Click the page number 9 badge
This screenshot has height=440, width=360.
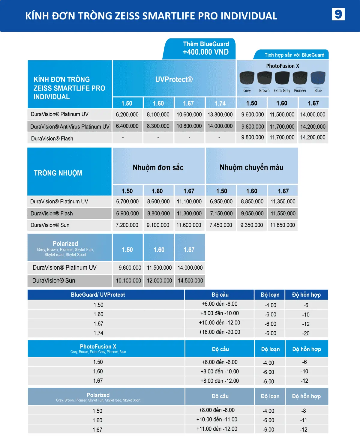tap(338, 14)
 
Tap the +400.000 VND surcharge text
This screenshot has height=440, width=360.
tap(206, 52)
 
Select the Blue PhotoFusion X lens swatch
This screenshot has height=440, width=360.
tap(318, 78)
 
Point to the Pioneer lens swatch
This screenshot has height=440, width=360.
tap(300, 78)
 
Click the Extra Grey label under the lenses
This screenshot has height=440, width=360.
tap(282, 91)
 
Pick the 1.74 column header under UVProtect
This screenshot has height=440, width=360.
tap(220, 103)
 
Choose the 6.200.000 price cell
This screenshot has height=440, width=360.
tap(127, 114)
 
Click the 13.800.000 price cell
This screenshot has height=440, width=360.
tap(220, 114)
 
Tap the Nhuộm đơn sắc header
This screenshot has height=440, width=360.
tap(158, 167)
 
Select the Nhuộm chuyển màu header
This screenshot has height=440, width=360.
tap(251, 167)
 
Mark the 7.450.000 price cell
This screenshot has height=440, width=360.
tap(221, 225)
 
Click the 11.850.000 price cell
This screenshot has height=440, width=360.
tap(282, 225)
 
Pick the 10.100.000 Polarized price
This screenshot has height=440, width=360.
tap(128, 280)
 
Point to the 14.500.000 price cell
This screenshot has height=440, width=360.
tap(190, 280)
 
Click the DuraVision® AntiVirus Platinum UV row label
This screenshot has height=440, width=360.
tap(70, 127)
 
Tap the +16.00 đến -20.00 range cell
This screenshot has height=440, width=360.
tap(219, 332)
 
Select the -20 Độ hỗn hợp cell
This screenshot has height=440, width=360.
tap(306, 333)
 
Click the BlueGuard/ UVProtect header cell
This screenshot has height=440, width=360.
tap(98, 295)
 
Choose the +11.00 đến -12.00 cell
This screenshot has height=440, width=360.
tap(217, 429)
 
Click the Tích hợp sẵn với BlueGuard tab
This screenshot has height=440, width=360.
tap(294, 55)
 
